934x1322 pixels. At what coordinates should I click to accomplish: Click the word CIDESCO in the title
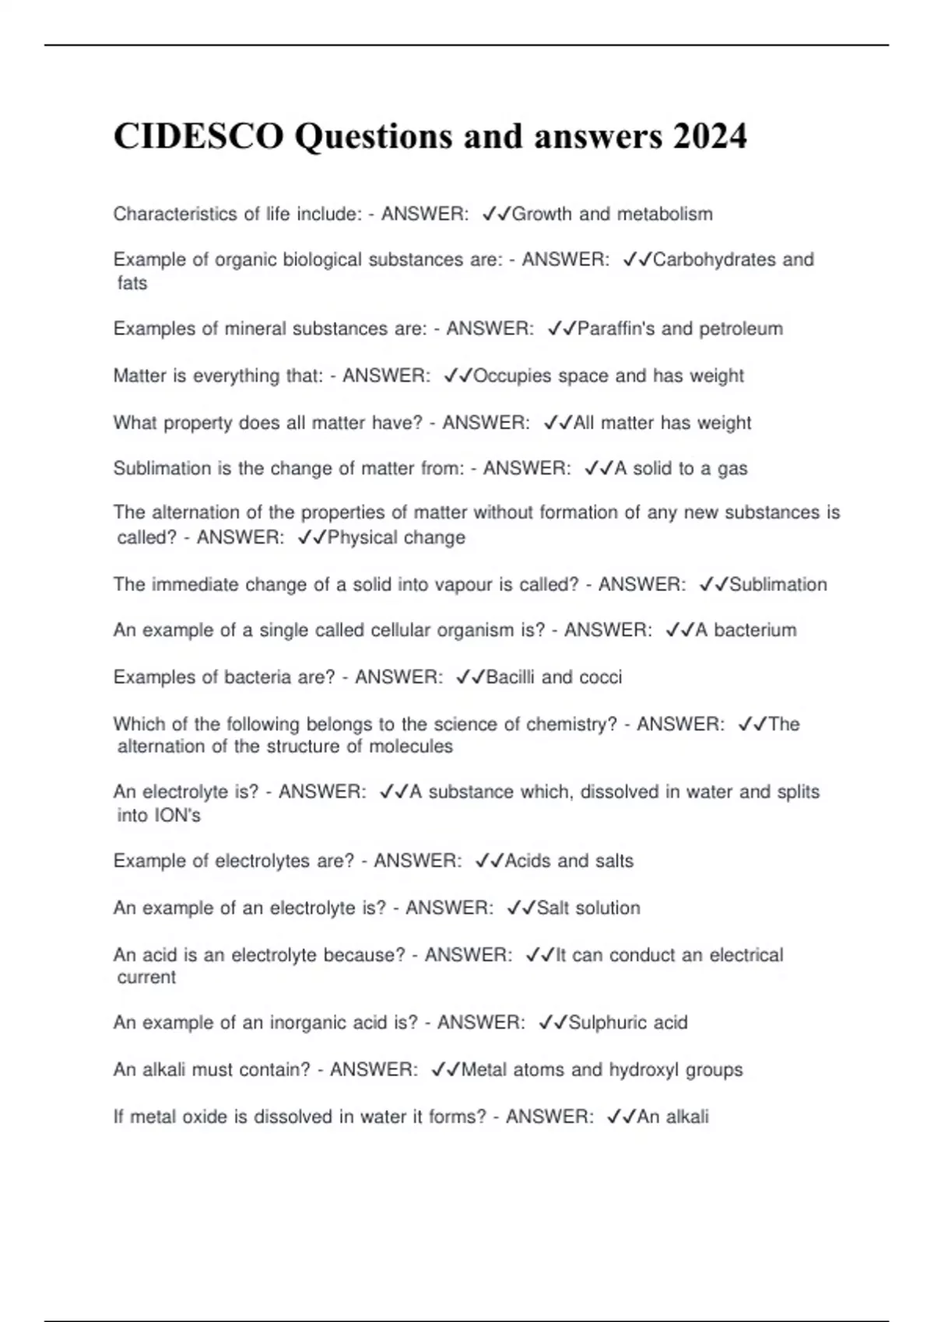click(x=198, y=136)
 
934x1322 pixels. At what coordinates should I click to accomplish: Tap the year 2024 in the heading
click(x=710, y=136)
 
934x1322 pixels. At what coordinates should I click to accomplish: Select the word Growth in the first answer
click(x=542, y=214)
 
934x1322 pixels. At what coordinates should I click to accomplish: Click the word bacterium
click(x=755, y=630)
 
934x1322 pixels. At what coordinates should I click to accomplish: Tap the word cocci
click(x=601, y=677)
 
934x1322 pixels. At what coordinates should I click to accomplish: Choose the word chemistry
click(x=571, y=724)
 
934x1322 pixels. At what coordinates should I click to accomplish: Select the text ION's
click(x=180, y=815)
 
